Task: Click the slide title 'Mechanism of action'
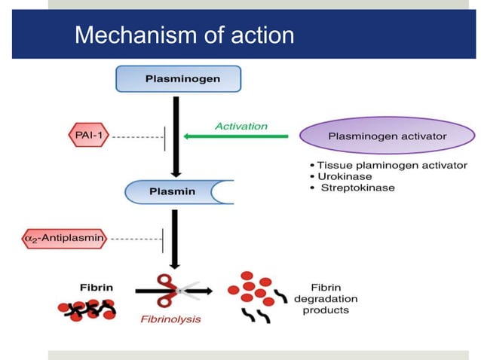(x=185, y=35)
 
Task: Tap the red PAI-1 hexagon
(x=87, y=136)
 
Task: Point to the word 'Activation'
(x=240, y=126)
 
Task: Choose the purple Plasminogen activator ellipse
(x=388, y=136)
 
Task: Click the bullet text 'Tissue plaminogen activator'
(x=392, y=165)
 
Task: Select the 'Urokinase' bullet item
(x=346, y=176)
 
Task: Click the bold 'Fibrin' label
(x=96, y=287)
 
